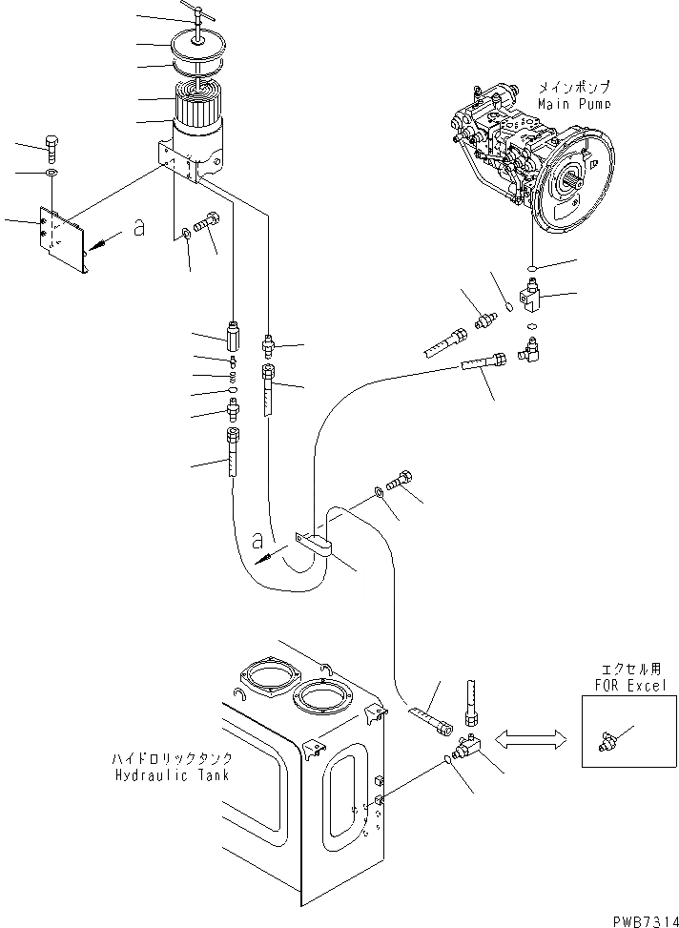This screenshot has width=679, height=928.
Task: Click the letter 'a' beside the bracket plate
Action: pyautogui.click(x=139, y=230)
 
